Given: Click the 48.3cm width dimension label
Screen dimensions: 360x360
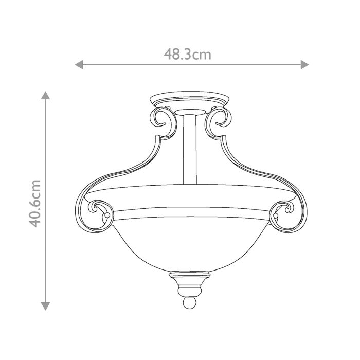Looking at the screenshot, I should coord(188,53).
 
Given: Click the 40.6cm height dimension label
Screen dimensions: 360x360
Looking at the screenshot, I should coord(35,203).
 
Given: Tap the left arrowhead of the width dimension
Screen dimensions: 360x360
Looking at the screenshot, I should coord(79,64).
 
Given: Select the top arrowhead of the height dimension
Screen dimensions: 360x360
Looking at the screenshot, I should coord(46,95).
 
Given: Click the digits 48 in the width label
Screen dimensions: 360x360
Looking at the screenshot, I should coord(173,53).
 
